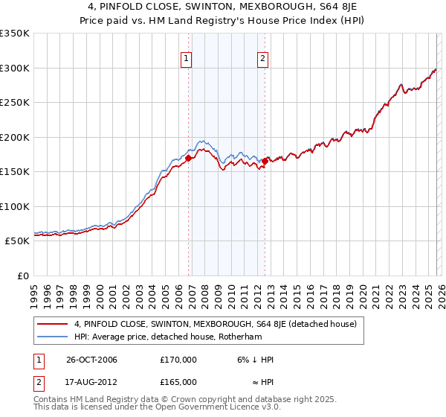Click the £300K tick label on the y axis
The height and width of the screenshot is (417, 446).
point(15,68)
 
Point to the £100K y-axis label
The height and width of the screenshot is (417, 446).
point(15,206)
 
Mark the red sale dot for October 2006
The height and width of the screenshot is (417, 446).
point(189,158)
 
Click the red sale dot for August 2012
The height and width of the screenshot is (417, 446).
point(265,161)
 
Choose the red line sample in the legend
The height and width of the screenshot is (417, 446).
point(54,324)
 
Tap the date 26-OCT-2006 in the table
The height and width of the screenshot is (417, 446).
point(92,360)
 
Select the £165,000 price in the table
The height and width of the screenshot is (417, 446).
point(178,381)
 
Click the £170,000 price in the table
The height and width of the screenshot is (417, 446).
point(178,360)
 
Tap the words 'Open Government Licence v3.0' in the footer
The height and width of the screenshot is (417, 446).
point(218,409)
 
